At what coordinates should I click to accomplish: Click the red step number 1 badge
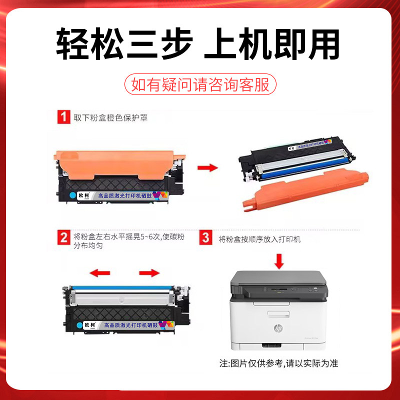point(63,118)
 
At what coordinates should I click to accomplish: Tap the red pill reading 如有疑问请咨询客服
point(200,84)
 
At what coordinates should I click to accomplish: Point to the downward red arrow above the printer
point(279,260)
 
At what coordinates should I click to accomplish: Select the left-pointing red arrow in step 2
point(99,273)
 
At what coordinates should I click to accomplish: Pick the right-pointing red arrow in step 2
point(149,273)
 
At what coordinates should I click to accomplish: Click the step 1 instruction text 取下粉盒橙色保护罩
point(110,118)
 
